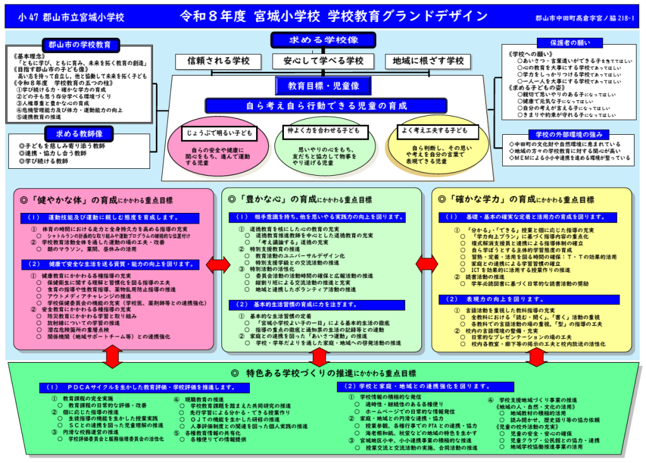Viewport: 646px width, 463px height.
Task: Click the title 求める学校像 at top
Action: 323,40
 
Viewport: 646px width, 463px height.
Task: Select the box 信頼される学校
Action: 218,61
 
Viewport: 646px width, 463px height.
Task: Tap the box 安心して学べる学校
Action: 323,61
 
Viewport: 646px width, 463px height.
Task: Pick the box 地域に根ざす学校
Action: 428,61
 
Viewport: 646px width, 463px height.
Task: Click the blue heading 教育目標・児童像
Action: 322,85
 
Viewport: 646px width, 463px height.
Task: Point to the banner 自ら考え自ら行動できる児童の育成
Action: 323,105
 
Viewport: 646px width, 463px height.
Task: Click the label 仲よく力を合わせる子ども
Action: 323,132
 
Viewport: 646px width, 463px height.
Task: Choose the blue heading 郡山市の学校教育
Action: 80,45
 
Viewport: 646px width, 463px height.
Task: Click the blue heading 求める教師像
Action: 80,133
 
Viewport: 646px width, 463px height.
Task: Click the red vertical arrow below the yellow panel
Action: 536,357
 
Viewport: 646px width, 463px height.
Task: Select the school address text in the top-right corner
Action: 585,18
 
